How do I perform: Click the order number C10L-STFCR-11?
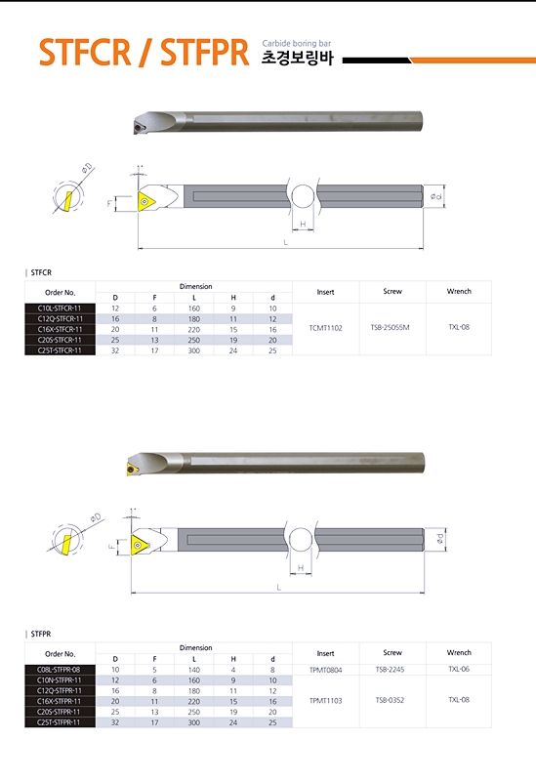coord(60,308)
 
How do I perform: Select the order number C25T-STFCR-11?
coord(60,350)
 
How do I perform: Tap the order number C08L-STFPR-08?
coord(59,670)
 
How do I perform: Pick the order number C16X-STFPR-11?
coord(59,701)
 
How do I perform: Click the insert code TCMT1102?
coord(325,328)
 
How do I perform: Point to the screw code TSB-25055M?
coord(391,327)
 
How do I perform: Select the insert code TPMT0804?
coord(325,670)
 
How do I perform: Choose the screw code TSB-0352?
coord(391,700)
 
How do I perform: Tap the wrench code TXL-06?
coord(459,669)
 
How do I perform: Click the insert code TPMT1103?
coord(325,700)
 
